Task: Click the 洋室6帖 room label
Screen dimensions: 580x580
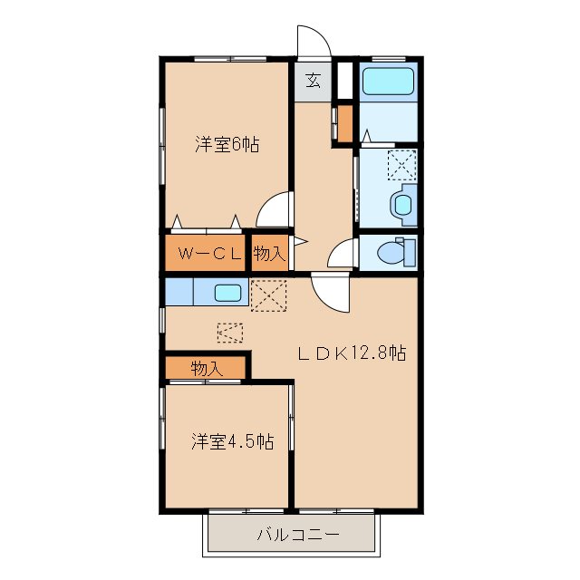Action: [x=227, y=144]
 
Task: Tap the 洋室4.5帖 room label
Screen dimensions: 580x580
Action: [x=232, y=441]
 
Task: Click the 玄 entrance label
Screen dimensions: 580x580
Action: [x=313, y=81]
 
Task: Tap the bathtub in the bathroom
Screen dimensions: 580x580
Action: [x=388, y=83]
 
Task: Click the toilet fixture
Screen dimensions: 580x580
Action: [x=397, y=250]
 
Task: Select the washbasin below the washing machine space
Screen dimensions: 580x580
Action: [x=401, y=204]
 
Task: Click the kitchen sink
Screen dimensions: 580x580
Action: [x=227, y=293]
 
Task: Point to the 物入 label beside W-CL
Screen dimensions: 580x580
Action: [x=269, y=255]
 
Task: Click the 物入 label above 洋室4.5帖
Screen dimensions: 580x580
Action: [x=207, y=368]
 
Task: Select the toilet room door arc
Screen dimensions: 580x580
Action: [x=342, y=254]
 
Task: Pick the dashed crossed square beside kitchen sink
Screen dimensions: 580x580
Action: [x=268, y=295]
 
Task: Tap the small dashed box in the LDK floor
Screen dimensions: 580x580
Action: [x=231, y=333]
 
